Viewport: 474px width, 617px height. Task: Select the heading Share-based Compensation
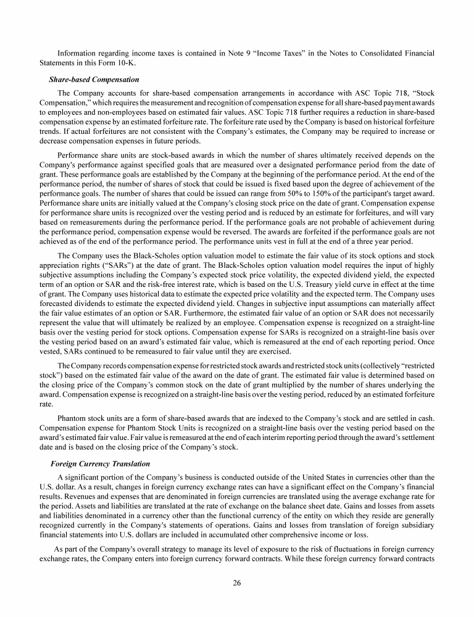coord(94,80)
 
